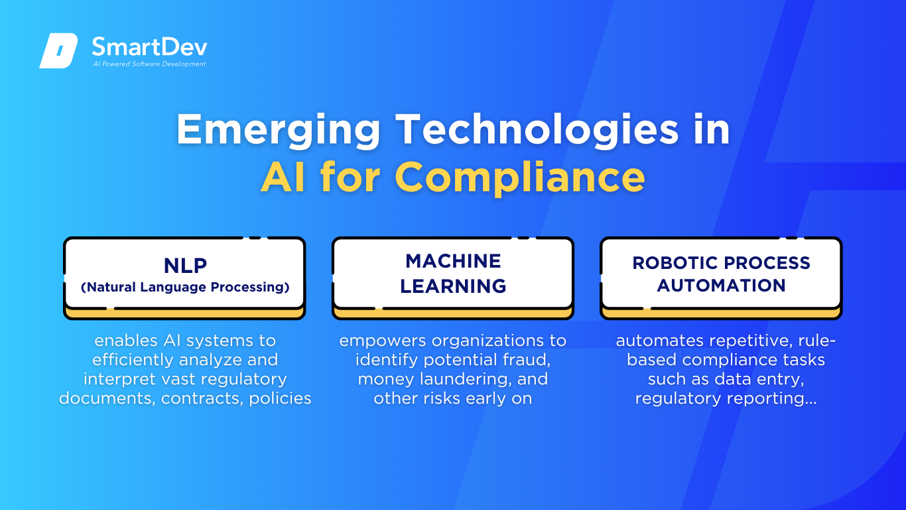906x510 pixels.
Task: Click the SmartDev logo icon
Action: [58, 50]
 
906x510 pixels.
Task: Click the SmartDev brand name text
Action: [149, 46]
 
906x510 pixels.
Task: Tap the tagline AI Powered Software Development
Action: [149, 64]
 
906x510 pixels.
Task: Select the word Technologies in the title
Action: [537, 129]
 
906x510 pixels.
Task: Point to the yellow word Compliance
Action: [520, 178]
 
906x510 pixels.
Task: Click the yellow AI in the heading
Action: [283, 177]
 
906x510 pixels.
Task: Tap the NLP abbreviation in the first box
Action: [185, 266]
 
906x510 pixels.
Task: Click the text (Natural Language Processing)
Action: [185, 287]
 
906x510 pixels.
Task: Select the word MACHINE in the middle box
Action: [453, 261]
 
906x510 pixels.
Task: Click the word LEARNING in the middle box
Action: [453, 286]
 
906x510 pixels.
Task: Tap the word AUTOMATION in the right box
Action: [721, 286]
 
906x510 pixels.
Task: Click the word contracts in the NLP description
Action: [202, 398]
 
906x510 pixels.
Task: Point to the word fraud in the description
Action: [527, 360]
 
